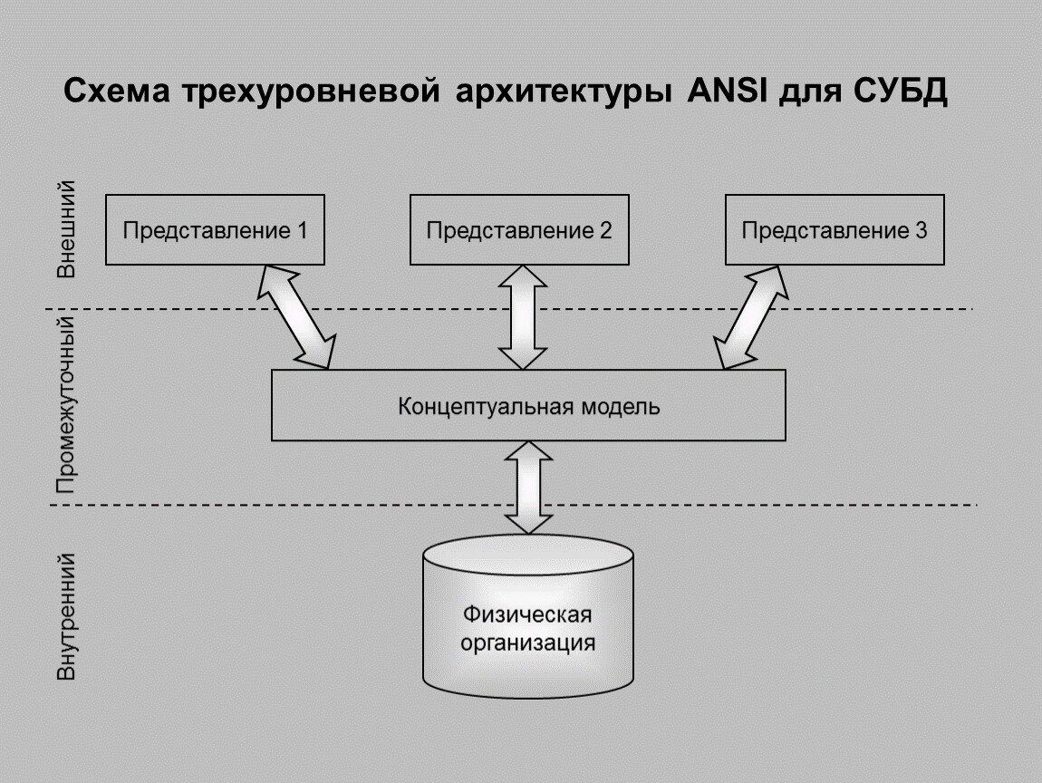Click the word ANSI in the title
(718, 92)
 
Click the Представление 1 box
(216, 229)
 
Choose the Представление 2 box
(519, 229)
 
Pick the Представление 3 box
(835, 229)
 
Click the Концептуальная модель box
(528, 406)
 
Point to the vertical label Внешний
(66, 230)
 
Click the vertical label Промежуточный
(66, 405)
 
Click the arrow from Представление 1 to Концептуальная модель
(297, 316)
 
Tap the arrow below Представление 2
(522, 316)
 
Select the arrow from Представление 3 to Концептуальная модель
(753, 316)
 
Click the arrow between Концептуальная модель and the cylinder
(528, 488)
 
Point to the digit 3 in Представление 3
(921, 230)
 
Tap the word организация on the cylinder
(528, 644)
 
